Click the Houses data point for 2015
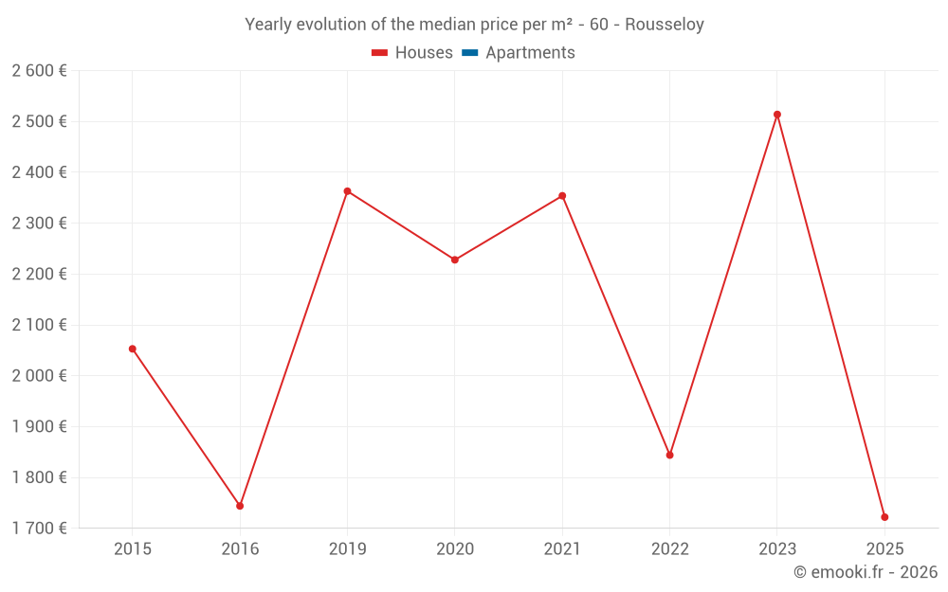point(133,349)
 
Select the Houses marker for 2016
point(240,506)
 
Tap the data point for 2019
point(347,191)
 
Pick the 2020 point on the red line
point(455,260)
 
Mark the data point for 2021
point(562,196)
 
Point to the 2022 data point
point(669,456)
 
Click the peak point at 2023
point(777,115)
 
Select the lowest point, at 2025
point(884,517)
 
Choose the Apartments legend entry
point(529,53)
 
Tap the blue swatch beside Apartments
point(469,53)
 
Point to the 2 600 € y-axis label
point(39,71)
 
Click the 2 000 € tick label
point(39,376)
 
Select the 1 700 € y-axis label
point(39,529)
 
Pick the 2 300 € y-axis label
point(39,224)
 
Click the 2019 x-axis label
point(347,548)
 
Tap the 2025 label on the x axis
point(884,548)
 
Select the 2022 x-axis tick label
point(669,548)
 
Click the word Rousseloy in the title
point(664,25)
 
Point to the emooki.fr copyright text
point(865,572)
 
